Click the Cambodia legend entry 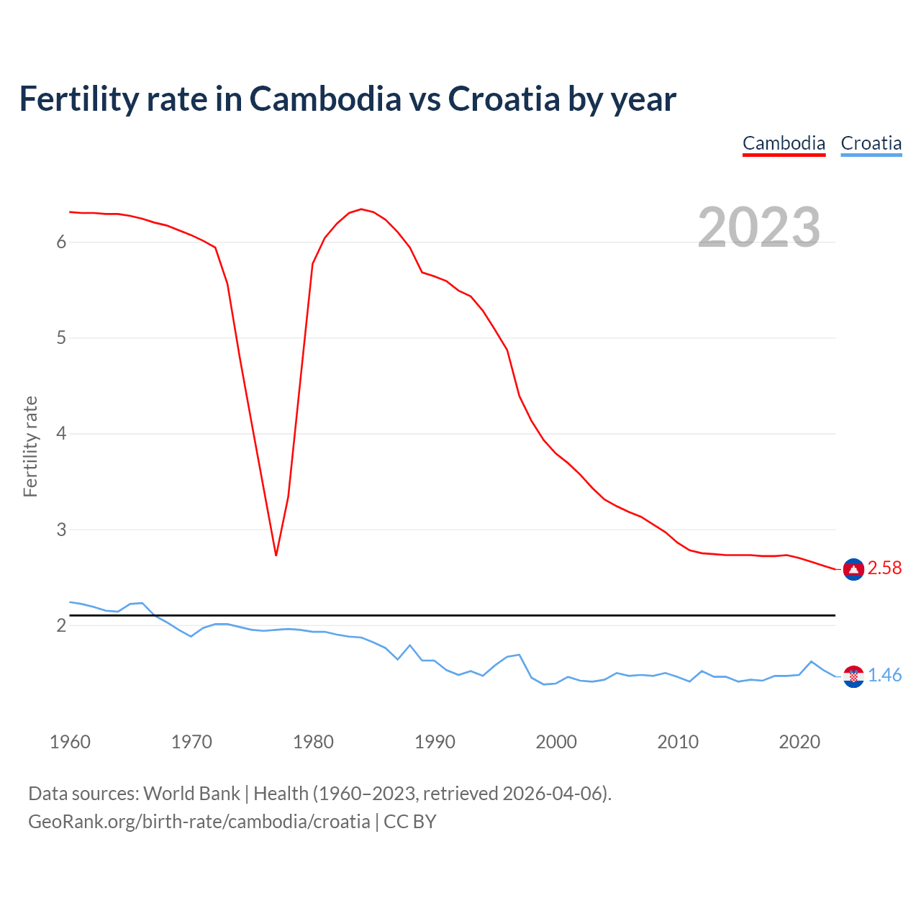[784, 143]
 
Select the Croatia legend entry [871, 143]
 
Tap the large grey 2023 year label [758, 227]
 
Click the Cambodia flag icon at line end [853, 569]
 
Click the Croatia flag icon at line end [853, 676]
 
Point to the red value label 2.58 [884, 568]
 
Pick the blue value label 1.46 [884, 676]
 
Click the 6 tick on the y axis [61, 242]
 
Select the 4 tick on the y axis [61, 434]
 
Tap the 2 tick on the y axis [61, 626]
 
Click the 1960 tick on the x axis [70, 742]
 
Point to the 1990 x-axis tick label [435, 742]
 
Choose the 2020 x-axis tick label [799, 742]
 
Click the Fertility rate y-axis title [30, 446]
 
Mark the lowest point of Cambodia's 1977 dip [276, 555]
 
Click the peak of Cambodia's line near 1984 [361, 209]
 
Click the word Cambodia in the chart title [325, 99]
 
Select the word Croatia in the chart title [503, 99]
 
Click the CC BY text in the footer [410, 822]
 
